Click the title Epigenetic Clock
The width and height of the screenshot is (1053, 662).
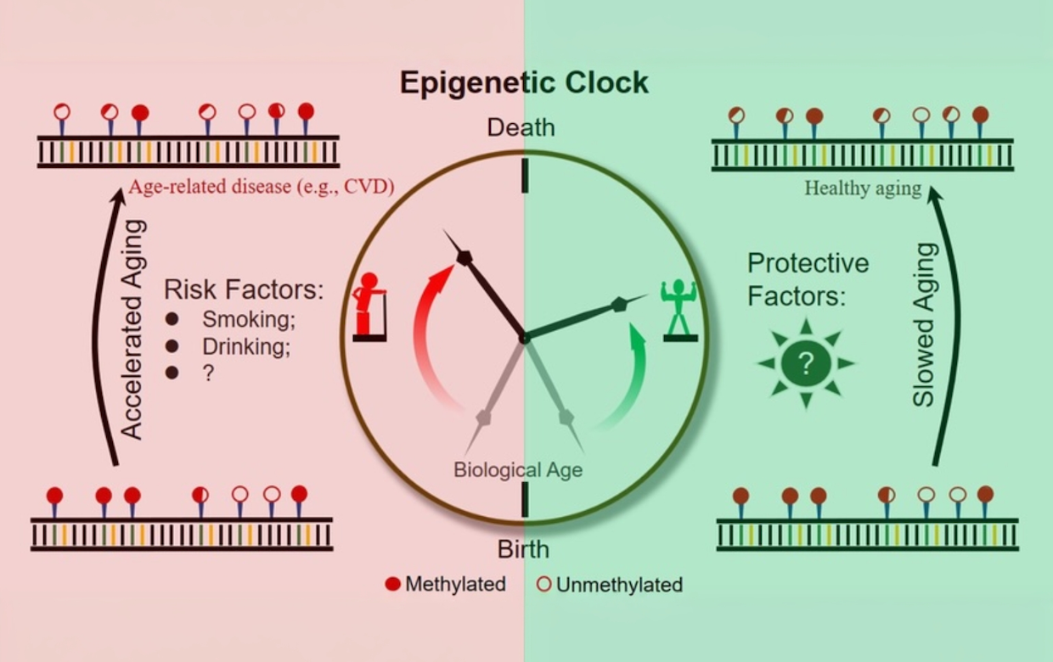pos(524,83)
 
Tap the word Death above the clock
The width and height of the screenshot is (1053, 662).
pos(521,128)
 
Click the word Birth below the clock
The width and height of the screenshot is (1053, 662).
pos(523,549)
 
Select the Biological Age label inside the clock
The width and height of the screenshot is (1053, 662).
pos(518,469)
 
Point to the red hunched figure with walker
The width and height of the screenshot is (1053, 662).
pos(369,306)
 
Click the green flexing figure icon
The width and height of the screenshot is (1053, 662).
pos(679,310)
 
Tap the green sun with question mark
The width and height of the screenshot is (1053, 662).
pos(805,363)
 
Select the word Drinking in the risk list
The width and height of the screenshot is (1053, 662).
pos(246,346)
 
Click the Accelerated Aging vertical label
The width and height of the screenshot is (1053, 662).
pos(133,329)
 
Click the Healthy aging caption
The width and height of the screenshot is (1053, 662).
pos(863,188)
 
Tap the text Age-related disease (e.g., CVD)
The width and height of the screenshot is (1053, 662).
pos(262,186)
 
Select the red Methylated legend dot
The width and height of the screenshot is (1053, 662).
pos(392,584)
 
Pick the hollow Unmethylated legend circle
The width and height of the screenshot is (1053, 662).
pos(544,584)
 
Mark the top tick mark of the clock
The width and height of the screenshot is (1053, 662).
pos(525,175)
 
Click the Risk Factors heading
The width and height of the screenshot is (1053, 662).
pos(244,289)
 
